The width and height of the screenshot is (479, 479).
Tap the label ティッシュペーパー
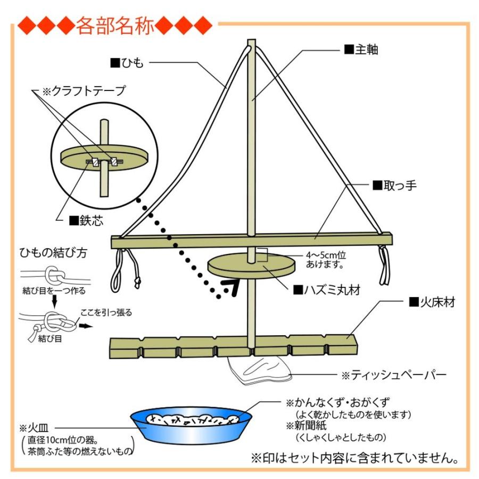(394, 375)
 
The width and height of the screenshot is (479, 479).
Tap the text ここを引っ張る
(106, 312)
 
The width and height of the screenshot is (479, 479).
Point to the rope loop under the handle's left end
(118, 269)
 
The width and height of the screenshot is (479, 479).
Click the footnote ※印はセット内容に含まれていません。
(354, 458)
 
